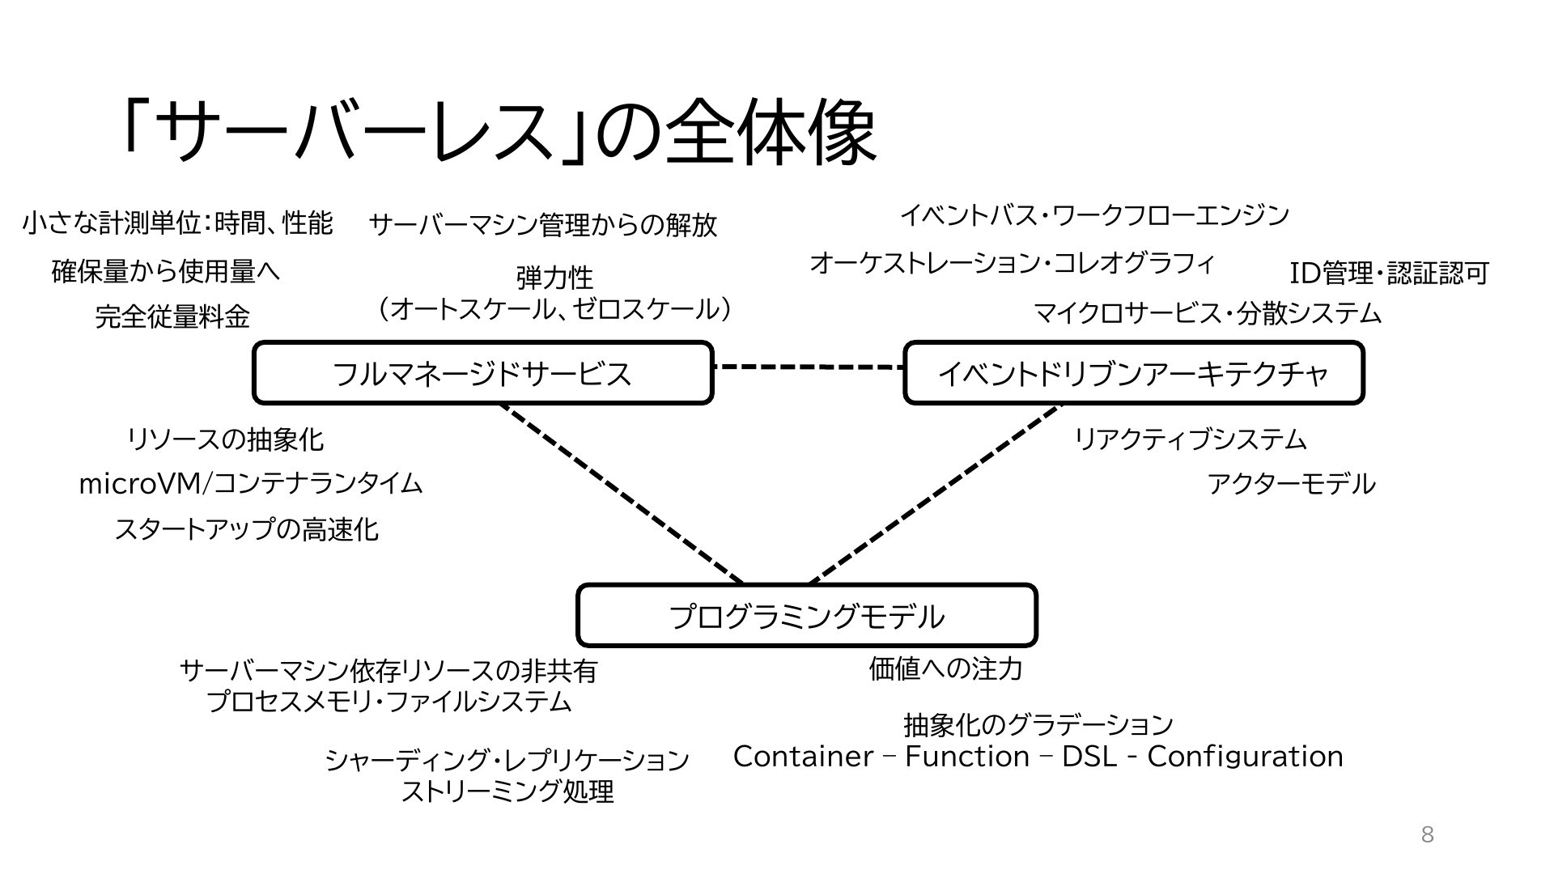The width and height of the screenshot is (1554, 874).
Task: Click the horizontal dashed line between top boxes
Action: pos(809,367)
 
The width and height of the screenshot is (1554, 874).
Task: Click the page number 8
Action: pos(1428,835)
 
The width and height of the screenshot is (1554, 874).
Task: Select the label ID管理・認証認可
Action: pos(1389,274)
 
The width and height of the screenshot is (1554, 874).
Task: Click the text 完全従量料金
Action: pos(172,316)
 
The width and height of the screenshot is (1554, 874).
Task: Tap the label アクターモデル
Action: pos(1291,484)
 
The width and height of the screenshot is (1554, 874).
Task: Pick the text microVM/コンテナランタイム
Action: pos(251,484)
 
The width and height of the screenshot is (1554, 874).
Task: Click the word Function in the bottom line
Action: pos(967,757)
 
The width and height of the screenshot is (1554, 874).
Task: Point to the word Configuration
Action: pos(1246,757)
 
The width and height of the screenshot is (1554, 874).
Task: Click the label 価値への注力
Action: pos(946,668)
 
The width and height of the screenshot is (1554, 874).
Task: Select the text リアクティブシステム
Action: pos(1190,439)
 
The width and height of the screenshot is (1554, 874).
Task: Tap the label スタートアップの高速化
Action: pos(247,529)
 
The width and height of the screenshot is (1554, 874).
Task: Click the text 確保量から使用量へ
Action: pos(166,271)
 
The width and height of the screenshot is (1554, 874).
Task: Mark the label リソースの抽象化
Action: pos(226,439)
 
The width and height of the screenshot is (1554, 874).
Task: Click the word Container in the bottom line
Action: pos(804,757)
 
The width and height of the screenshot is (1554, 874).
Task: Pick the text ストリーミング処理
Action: pos(507,791)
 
